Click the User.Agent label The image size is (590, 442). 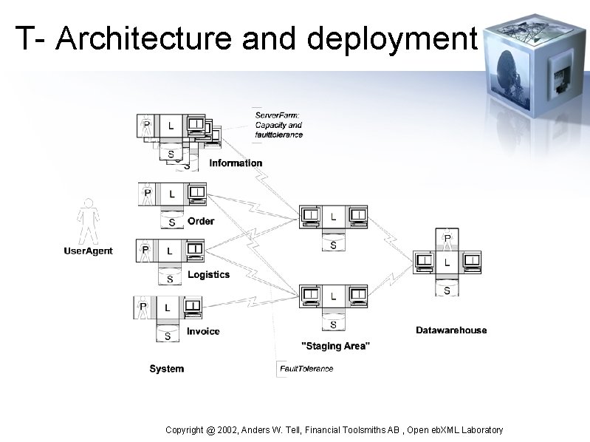coord(88,251)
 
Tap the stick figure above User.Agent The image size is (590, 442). coord(88,221)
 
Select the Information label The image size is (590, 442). coord(236,163)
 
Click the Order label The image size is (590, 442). coord(201,221)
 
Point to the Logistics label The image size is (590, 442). coord(208,275)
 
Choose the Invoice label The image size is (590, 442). coord(203,332)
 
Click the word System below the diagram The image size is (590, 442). coord(166,369)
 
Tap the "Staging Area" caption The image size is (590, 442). coord(336,346)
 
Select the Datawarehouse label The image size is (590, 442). coord(451,330)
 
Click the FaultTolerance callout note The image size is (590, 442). coord(306,369)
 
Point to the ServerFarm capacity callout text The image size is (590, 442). coord(278,125)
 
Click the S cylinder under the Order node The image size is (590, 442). coord(172,220)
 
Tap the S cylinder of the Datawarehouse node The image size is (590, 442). coord(447,290)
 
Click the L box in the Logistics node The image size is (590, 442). coord(170,251)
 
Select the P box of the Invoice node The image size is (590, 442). coord(143,307)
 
